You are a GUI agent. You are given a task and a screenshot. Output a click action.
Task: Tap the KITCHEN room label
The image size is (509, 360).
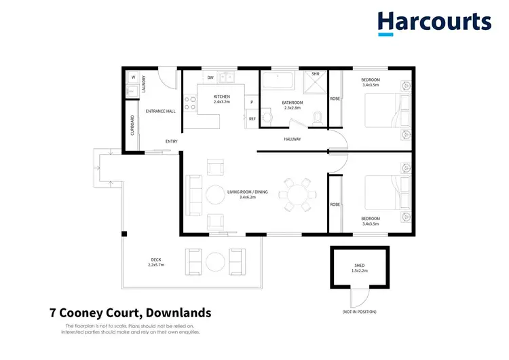click(x=222, y=96)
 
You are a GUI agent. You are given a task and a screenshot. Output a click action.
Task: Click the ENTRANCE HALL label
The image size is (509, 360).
click(x=161, y=111)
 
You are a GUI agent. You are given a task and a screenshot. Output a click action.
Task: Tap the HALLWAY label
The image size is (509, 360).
click(x=293, y=139)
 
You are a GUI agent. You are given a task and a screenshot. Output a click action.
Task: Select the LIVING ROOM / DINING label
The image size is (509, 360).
click(x=247, y=192)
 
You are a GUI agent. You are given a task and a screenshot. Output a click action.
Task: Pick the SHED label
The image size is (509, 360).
click(x=360, y=266)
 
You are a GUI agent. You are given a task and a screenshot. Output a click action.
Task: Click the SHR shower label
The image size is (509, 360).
click(x=315, y=74)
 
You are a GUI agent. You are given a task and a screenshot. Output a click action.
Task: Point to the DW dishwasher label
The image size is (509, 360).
click(x=211, y=78)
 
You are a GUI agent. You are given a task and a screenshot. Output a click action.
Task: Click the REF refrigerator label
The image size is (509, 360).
click(x=252, y=119)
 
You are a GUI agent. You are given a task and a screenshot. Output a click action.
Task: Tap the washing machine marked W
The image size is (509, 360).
click(x=133, y=77)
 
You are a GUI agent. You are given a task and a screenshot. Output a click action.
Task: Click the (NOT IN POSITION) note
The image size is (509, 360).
click(x=360, y=312)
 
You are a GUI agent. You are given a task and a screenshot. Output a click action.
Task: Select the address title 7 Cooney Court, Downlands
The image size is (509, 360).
click(x=130, y=313)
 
